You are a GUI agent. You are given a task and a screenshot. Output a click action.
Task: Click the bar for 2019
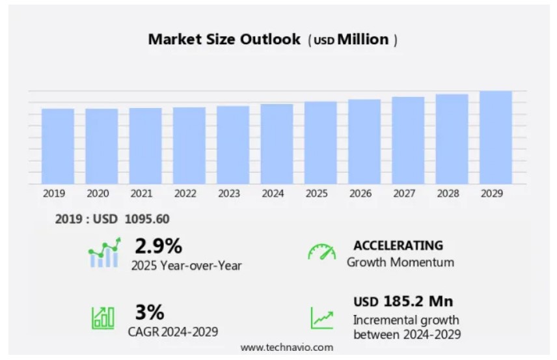click(58, 146)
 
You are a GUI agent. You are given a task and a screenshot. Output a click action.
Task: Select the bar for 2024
click(277, 144)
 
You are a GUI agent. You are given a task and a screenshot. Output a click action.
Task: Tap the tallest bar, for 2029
click(496, 137)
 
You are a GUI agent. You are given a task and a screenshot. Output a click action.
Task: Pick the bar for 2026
click(364, 141)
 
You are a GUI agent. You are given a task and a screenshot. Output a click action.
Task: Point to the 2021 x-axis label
click(141, 193)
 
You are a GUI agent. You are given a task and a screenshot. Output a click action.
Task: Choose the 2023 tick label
click(228, 193)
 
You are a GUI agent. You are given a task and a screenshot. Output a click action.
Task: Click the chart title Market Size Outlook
click(224, 39)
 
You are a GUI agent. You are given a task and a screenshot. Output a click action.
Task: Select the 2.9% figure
click(158, 246)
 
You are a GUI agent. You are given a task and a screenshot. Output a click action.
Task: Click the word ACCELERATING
click(398, 245)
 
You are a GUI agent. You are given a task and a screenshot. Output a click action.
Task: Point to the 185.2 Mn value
click(416, 301)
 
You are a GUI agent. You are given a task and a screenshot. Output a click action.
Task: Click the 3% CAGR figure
click(149, 311)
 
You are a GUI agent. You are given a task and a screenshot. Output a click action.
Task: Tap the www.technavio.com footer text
click(287, 348)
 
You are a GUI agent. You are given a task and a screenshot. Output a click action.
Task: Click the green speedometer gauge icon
click(321, 253)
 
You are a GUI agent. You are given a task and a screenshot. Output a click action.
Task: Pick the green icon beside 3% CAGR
click(103, 317)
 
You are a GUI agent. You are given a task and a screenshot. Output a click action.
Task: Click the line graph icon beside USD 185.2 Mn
click(321, 318)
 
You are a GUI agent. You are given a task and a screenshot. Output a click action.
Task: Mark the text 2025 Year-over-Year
click(186, 266)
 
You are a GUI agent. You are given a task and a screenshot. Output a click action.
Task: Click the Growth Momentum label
click(400, 262)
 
